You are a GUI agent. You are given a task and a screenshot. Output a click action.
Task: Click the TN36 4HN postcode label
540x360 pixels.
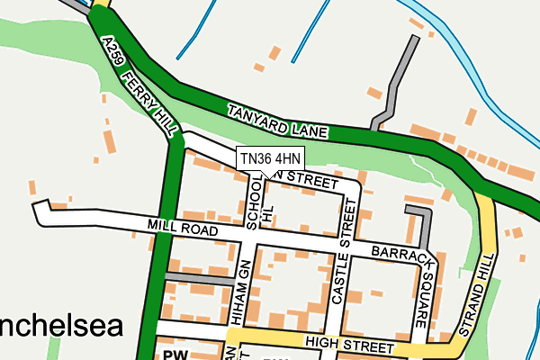(x=271, y=158)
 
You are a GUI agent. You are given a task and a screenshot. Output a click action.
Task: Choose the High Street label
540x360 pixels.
(x=349, y=345)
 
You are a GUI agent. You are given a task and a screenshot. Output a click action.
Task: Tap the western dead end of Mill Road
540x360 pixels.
(x=39, y=210)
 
